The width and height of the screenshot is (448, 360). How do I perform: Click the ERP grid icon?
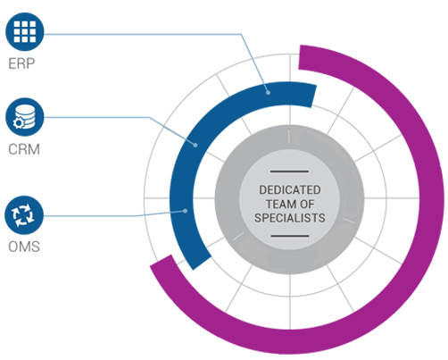point(25,31)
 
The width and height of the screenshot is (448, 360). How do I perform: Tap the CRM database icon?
point(25,117)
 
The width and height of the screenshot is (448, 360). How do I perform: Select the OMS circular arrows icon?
point(24,215)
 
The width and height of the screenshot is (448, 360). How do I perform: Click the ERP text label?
point(21,63)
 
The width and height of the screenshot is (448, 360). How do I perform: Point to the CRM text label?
point(24,149)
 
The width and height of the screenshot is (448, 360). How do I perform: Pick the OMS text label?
point(24,247)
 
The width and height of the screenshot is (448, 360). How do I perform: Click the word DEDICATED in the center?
point(290,190)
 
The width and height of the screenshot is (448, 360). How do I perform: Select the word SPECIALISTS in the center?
point(290,218)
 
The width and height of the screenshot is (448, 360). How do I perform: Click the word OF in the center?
point(307,205)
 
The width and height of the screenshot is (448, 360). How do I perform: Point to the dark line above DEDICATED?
point(289,172)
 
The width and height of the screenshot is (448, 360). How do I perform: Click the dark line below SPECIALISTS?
point(290,236)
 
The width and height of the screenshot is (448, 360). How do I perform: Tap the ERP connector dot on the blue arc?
point(268,93)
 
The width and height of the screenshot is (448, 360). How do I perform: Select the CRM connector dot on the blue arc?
point(195,145)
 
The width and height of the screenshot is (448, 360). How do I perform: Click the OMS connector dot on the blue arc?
point(185,211)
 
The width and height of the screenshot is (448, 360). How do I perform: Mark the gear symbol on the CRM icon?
point(19,123)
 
